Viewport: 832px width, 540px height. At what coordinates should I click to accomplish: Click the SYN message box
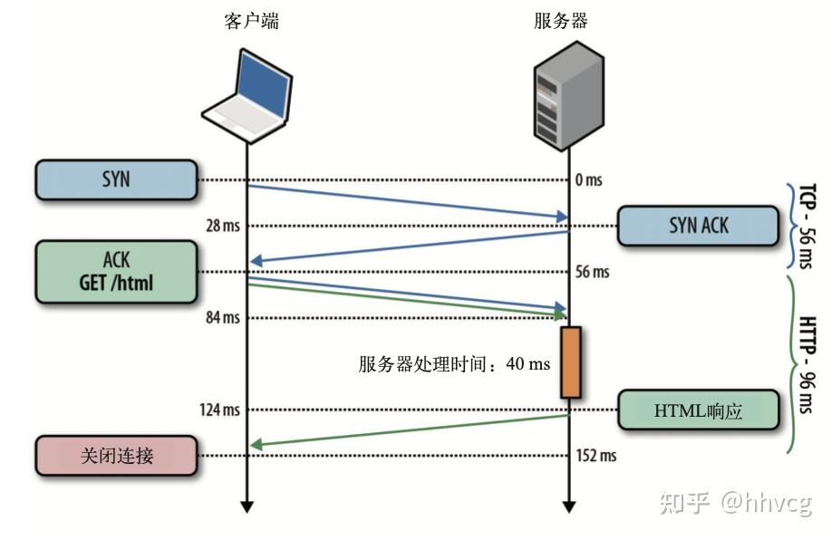tap(116, 179)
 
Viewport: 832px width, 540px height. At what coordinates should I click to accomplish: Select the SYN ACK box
tap(698, 226)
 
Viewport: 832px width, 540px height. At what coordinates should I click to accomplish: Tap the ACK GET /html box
tap(116, 271)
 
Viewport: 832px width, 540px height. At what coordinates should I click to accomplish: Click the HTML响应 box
tap(698, 410)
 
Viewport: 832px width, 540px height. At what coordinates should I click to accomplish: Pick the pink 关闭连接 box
tap(116, 455)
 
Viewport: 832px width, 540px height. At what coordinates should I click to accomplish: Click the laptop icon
tap(247, 97)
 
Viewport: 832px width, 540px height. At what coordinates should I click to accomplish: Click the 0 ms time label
tap(588, 179)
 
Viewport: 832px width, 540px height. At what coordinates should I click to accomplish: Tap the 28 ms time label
tap(221, 225)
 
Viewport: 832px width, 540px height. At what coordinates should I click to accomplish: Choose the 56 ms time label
tap(592, 272)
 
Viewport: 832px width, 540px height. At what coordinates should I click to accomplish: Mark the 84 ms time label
tap(221, 317)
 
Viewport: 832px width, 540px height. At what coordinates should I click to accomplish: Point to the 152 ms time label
tap(595, 455)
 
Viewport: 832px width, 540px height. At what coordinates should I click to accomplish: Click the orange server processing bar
tap(569, 362)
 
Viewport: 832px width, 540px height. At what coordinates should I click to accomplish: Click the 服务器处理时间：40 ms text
tap(454, 364)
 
